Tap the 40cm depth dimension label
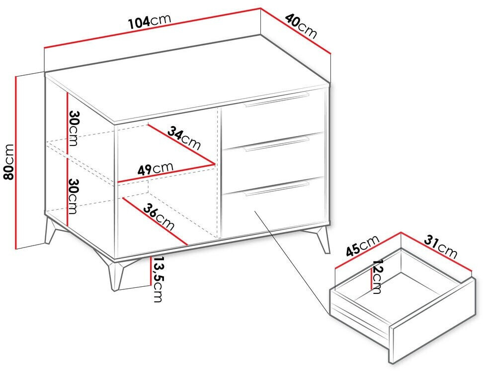[301, 26]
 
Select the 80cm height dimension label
[8, 161]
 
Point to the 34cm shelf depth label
[184, 138]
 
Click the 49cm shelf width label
[155, 169]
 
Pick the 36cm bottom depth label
[159, 217]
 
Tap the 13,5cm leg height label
[158, 279]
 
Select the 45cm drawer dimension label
[362, 247]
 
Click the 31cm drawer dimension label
[440, 247]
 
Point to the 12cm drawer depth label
[377, 276]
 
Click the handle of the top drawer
[276, 99]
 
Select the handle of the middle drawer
[276, 144]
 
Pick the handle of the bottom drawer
[276, 189]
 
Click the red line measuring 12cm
[371, 278]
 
